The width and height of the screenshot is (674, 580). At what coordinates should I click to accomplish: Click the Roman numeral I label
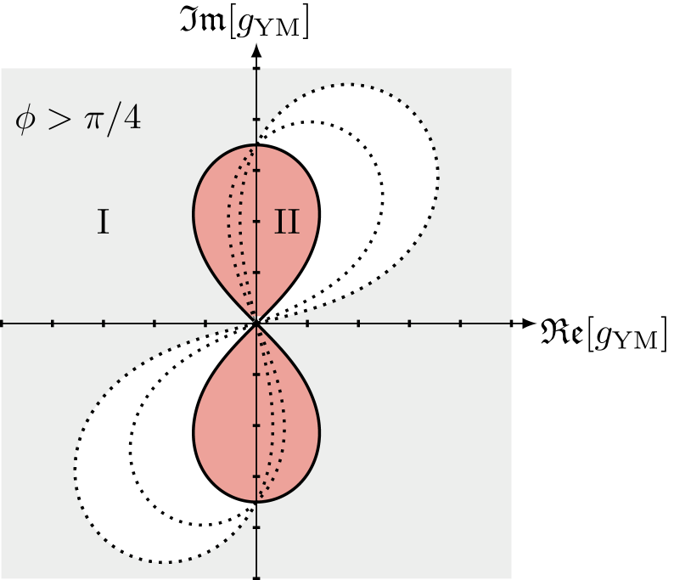(x=102, y=222)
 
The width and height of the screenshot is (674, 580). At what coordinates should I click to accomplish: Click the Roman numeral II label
(x=287, y=222)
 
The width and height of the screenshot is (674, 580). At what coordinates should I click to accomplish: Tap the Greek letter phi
(x=25, y=120)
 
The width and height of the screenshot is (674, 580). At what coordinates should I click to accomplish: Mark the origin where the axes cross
(x=256, y=323)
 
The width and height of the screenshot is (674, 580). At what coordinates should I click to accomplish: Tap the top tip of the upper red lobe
(x=256, y=145)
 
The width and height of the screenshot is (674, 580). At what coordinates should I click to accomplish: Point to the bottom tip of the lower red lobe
(x=256, y=501)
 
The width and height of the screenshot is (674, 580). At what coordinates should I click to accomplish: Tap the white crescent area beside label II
(x=348, y=238)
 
